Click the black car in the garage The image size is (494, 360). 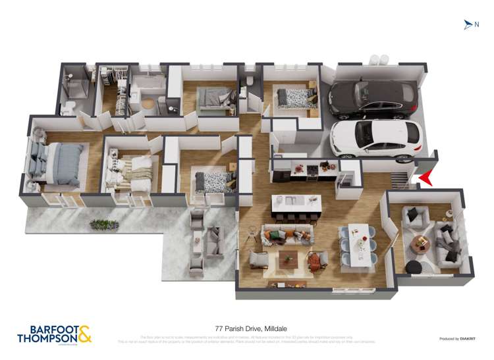pos(373,98)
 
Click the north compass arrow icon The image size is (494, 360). pos(468,25)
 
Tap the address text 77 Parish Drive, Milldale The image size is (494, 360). pos(246,328)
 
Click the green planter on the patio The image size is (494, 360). pos(104,225)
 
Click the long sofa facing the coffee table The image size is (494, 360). pos(287,234)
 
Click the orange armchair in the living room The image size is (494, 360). pos(317,263)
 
